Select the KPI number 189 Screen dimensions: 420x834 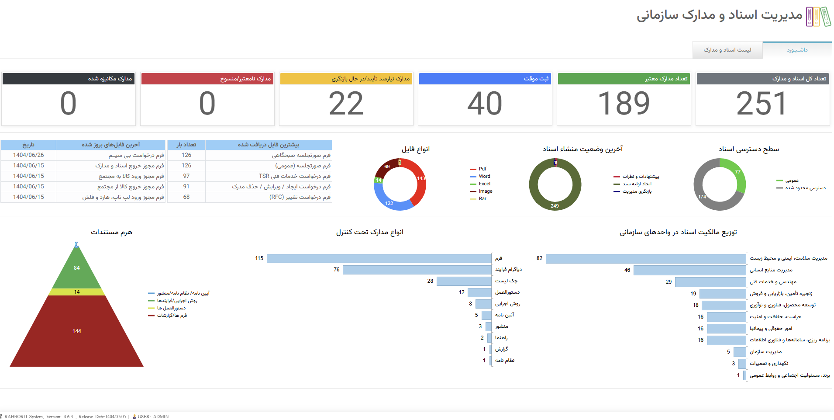tap(624, 104)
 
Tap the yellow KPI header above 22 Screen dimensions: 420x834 tap(346, 79)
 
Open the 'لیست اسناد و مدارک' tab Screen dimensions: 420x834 tap(727, 50)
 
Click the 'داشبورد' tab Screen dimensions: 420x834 tap(797, 50)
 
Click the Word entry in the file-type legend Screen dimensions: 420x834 tap(484, 176)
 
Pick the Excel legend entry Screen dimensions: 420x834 tap(484, 184)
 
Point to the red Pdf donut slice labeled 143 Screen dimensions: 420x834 tap(420, 181)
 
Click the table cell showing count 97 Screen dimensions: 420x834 tap(186, 176)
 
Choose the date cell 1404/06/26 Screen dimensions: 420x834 tap(28, 155)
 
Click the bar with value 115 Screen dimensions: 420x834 tap(379, 258)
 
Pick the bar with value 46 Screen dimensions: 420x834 tap(689, 270)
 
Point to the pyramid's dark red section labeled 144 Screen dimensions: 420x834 tap(77, 331)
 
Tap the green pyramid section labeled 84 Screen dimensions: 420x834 tap(77, 268)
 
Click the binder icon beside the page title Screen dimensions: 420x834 tap(818, 17)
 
